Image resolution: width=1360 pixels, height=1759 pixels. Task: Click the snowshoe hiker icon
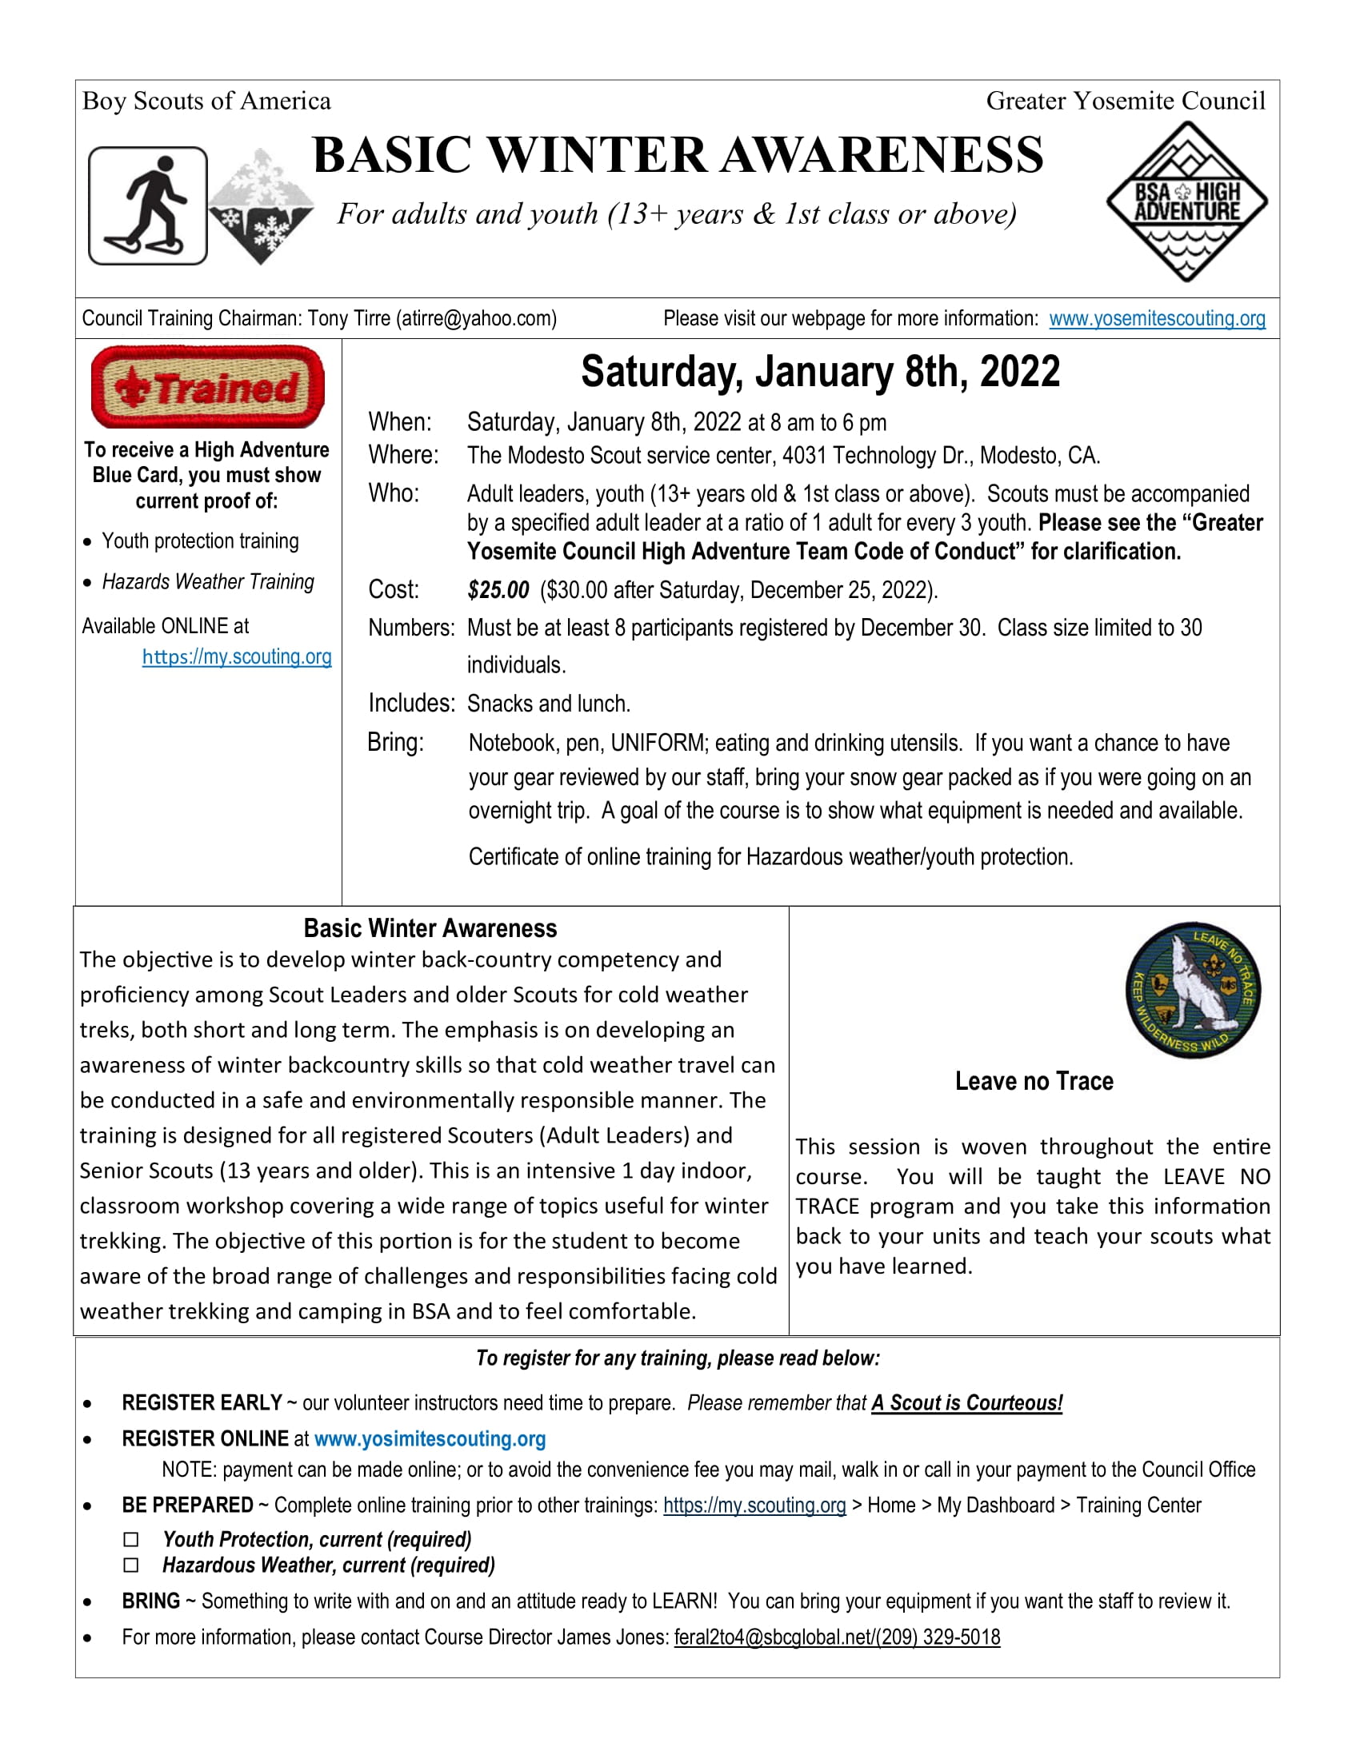click(x=147, y=205)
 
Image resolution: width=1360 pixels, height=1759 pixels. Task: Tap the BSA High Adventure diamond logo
click(x=1186, y=201)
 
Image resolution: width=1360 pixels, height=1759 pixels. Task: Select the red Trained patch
click(x=208, y=388)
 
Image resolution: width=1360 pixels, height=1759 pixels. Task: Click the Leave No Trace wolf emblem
click(x=1193, y=990)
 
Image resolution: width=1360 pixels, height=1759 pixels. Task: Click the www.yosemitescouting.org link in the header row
click(x=1156, y=319)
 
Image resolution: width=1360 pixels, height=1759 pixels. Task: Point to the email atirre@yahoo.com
click(x=475, y=319)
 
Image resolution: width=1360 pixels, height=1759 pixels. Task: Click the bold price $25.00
click(x=498, y=590)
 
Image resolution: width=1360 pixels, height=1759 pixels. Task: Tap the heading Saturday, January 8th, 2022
click(x=820, y=372)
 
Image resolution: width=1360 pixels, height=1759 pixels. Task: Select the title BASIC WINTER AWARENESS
click(x=678, y=154)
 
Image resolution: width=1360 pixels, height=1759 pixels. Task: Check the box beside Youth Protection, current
click(x=131, y=1540)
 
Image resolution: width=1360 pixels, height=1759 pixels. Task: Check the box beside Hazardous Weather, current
click(x=131, y=1565)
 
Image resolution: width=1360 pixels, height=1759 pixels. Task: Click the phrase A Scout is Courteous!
click(x=966, y=1403)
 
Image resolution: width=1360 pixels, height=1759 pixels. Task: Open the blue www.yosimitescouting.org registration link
click(x=430, y=1438)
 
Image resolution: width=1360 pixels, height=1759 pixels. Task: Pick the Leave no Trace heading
click(x=1034, y=1081)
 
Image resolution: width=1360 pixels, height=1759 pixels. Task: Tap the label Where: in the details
click(x=404, y=455)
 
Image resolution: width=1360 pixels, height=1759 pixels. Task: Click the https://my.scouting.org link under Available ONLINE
click(x=237, y=657)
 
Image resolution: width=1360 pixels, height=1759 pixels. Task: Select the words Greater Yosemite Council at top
click(x=1126, y=101)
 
